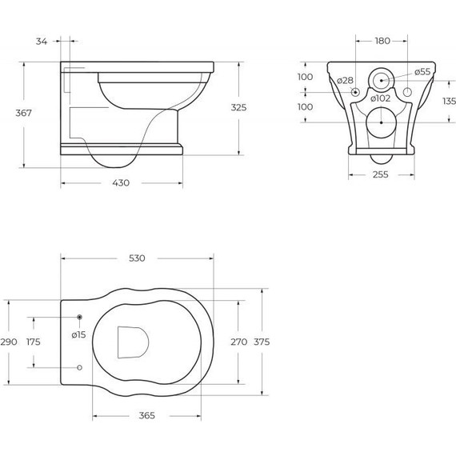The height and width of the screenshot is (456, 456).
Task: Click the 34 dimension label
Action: coord(42,42)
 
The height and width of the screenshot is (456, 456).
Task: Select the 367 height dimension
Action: coord(23,113)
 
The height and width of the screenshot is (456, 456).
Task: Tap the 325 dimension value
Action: coord(238,108)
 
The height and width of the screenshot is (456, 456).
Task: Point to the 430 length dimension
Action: coord(121,183)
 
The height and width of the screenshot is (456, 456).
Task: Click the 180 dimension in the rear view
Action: coord(382,41)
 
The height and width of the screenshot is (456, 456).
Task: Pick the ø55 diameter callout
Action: coord(422,72)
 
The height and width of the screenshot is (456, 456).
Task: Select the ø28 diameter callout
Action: coord(345,81)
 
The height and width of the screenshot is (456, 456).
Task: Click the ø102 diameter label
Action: coord(380,98)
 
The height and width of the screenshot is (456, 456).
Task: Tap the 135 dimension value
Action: coord(449,102)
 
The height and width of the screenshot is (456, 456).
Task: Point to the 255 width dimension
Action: coord(380,174)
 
